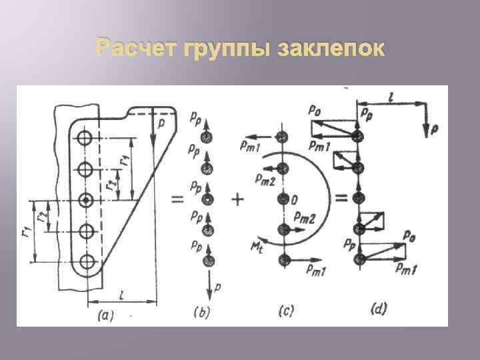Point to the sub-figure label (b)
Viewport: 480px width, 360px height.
(201, 310)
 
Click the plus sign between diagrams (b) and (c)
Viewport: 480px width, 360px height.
(239, 199)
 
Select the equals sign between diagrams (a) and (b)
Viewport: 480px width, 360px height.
(178, 198)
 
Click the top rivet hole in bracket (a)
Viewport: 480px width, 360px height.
(85, 139)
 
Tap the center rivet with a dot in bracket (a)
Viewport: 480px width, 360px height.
(85, 200)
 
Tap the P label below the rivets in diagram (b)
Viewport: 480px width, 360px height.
(217, 288)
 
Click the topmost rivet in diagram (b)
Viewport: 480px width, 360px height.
(208, 137)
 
